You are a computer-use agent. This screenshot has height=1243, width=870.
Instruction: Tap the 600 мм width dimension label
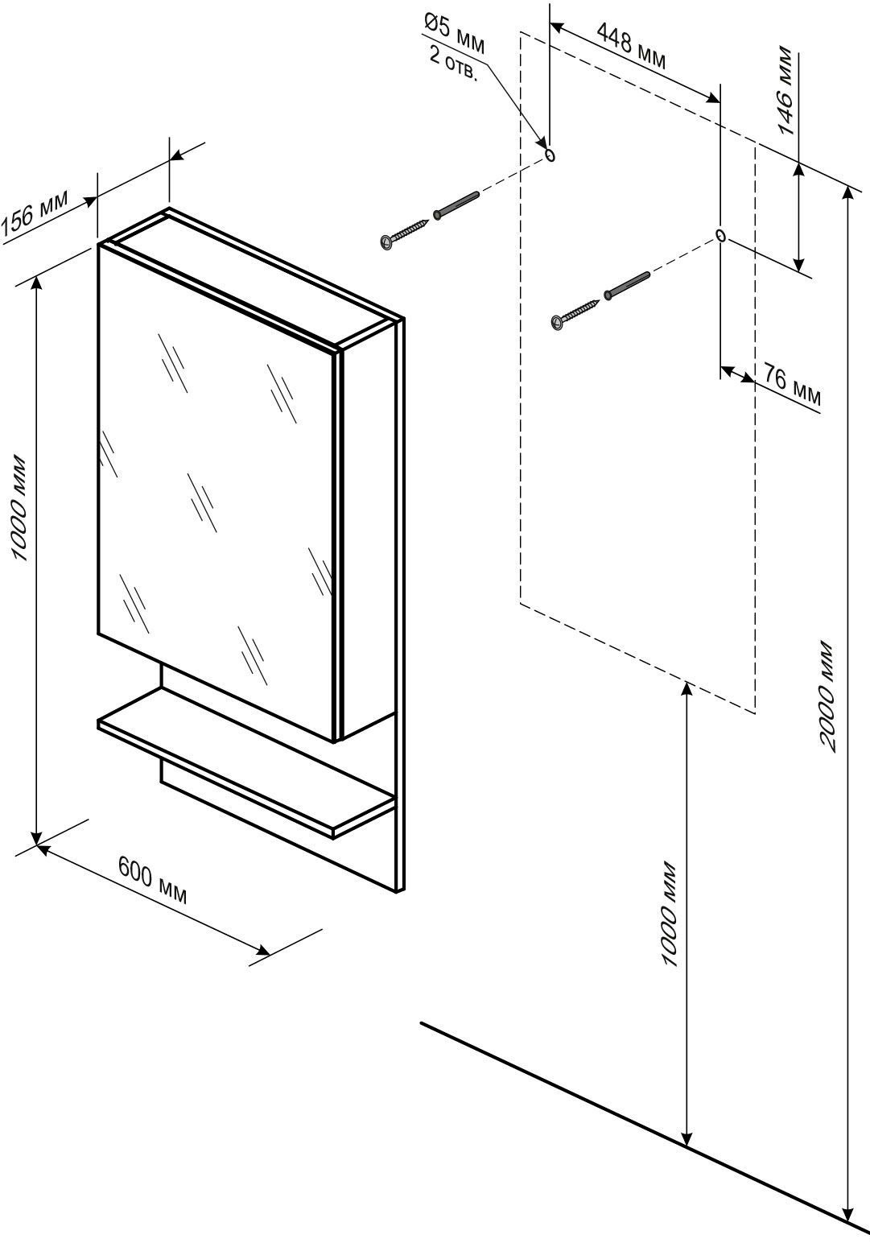153,880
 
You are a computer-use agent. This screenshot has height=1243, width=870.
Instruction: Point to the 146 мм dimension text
782,90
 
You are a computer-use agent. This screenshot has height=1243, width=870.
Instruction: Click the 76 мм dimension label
792,386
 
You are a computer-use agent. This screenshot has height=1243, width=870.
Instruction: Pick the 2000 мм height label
827,696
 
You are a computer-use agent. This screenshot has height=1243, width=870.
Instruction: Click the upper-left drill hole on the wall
550,155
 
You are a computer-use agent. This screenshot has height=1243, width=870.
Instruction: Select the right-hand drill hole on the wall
720,236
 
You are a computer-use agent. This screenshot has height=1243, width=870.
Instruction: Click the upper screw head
388,241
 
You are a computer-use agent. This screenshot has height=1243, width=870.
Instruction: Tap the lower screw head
558,322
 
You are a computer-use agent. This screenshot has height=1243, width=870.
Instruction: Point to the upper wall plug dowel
456,204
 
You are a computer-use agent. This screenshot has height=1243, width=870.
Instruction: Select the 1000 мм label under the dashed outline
669,915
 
